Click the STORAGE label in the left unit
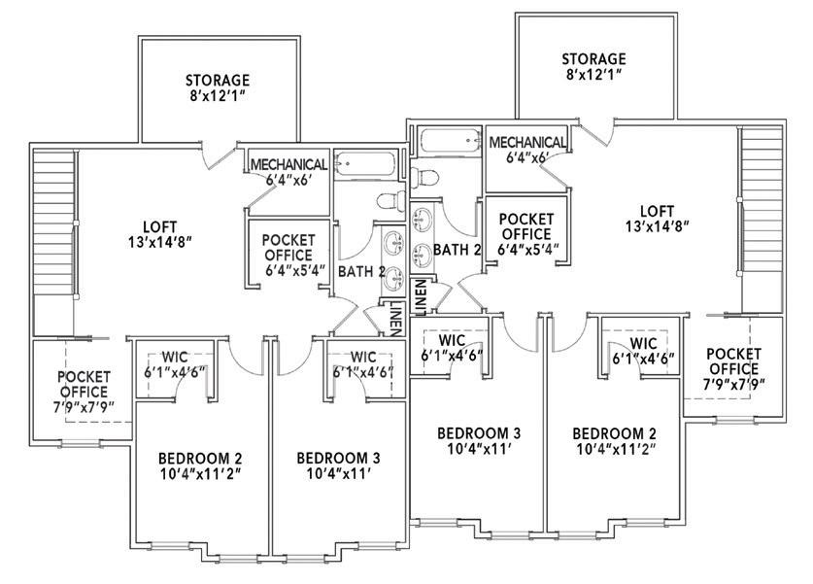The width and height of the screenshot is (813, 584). [x=218, y=80]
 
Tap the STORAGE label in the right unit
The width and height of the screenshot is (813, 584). [x=593, y=58]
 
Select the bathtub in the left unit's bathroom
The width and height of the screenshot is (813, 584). [x=365, y=164]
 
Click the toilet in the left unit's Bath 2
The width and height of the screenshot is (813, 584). [x=389, y=202]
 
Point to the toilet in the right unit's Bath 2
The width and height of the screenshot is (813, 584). [x=424, y=179]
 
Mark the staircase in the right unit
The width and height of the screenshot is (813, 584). [x=757, y=210]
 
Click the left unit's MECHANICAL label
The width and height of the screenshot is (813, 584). [x=288, y=165]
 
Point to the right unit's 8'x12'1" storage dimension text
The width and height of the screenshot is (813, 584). [x=593, y=74]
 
